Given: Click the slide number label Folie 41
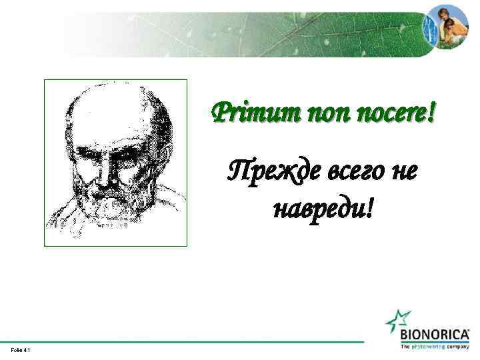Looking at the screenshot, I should [x=20, y=350].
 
